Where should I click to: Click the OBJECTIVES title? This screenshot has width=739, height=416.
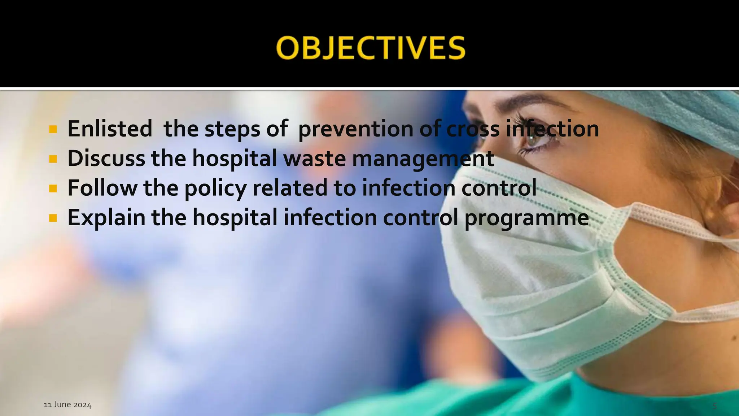[x=371, y=48]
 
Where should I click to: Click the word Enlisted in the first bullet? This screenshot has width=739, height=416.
[x=110, y=129]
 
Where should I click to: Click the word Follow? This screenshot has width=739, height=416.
[x=102, y=188]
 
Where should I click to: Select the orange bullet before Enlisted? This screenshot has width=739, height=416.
[x=53, y=129]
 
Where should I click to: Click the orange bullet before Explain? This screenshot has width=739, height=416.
[x=53, y=218]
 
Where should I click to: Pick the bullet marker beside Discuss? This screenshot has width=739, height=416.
[x=53, y=159]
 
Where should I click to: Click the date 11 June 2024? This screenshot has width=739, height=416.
[x=67, y=405]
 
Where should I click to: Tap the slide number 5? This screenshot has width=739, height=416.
[x=714, y=406]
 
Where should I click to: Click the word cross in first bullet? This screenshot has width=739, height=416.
[x=473, y=129]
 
